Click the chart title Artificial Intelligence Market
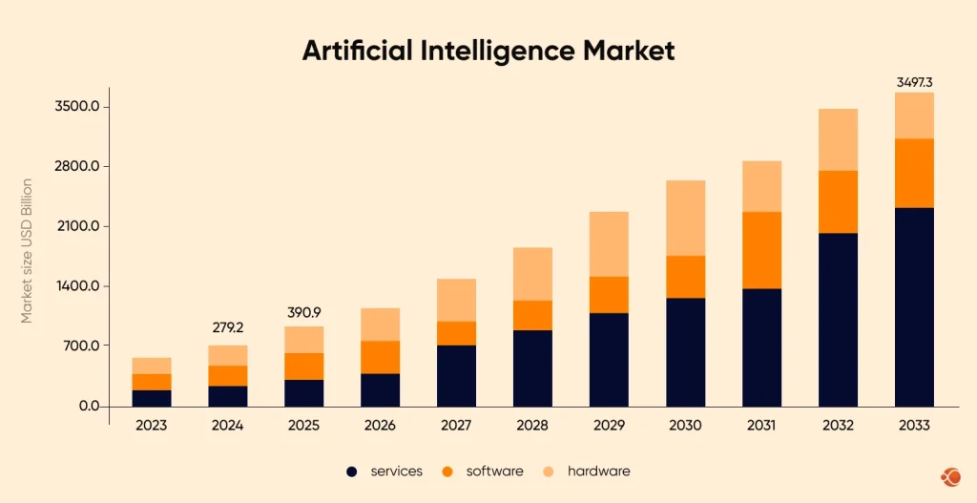point(488,51)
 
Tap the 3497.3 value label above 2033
point(914,83)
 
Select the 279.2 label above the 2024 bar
point(227,327)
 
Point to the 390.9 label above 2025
point(303,312)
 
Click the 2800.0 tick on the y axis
point(75,166)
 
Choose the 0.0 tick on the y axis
point(87,406)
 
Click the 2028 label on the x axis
point(532,426)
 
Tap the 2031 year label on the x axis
point(761,426)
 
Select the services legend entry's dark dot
point(352,472)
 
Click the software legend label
point(494,472)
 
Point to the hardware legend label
point(598,472)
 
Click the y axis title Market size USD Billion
point(27,250)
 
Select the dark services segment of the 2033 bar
point(914,305)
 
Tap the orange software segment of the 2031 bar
point(761,250)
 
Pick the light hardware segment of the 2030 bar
point(685,218)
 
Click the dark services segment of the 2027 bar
point(456,375)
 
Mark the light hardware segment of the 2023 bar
point(151,366)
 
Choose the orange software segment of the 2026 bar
point(380,357)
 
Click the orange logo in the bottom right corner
point(950,476)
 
